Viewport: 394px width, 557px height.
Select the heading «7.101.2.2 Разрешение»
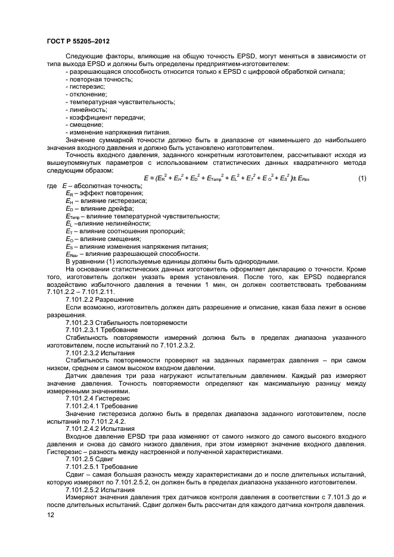pyautogui.click(x=100, y=299)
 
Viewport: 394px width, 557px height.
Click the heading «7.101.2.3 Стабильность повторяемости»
pyautogui.click(x=126, y=323)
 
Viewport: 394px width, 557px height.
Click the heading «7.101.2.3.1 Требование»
pyautogui.click(x=101, y=330)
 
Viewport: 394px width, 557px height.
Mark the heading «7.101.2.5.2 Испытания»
pyautogui.click(x=100, y=490)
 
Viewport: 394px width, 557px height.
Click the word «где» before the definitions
pyautogui.click(x=52, y=186)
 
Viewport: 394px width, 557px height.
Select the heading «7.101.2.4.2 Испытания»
pyautogui.click(x=100, y=428)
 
